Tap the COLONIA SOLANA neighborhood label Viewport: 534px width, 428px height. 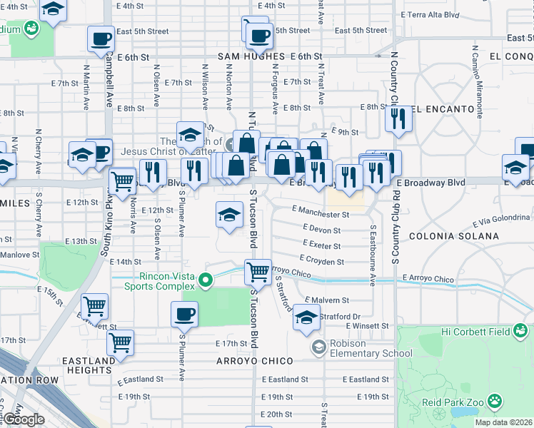coord(453,235)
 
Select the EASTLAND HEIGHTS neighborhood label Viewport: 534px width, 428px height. coord(89,365)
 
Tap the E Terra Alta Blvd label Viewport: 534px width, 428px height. coord(440,14)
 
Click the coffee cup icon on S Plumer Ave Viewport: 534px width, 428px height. coord(184,314)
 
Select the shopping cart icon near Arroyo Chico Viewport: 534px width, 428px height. coord(258,271)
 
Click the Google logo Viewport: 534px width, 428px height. coord(24,420)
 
